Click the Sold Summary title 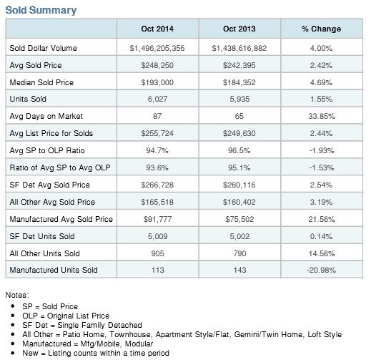41,10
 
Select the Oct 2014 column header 157,29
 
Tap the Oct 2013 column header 239,29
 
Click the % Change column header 322,29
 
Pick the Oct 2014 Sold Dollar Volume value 157,48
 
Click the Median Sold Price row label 41,82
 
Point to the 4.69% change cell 321,82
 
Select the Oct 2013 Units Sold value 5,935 239,99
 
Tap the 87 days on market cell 157,116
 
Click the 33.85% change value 322,116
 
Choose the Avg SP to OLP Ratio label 47,150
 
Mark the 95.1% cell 239,167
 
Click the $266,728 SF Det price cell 157,185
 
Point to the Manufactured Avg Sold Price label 61,219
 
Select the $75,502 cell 239,219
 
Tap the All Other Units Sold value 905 157,253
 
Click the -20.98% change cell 321,270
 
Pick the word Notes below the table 17,295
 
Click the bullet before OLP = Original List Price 13,316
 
